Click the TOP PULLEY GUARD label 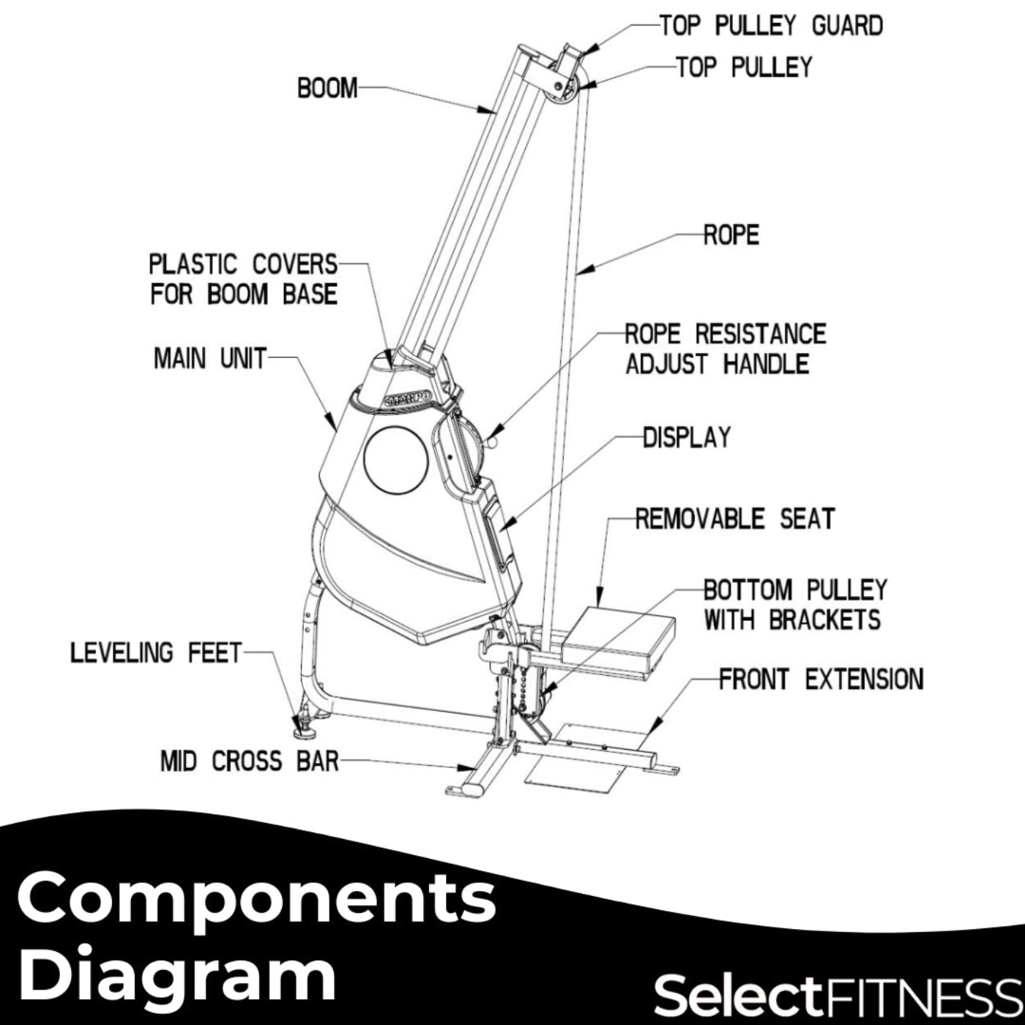tap(771, 26)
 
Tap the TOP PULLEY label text tap(744, 67)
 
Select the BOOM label tap(327, 88)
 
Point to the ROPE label tap(731, 235)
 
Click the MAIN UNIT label tap(209, 359)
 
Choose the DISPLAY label tap(687, 438)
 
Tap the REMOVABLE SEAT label tap(734, 519)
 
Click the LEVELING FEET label tap(156, 652)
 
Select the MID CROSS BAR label tap(250, 761)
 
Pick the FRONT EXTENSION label tap(821, 679)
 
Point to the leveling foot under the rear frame tap(302, 724)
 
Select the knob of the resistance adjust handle tap(492, 441)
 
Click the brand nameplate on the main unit tap(407, 400)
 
